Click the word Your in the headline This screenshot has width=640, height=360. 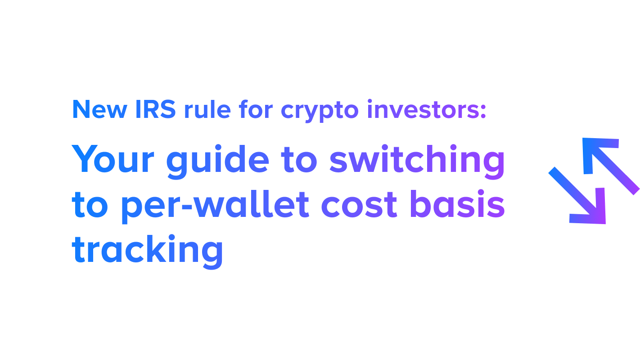click(115, 160)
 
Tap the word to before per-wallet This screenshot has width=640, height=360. click(92, 205)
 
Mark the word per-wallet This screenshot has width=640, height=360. click(215, 205)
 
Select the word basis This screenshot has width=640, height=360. click(457, 204)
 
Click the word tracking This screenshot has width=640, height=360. click(148, 250)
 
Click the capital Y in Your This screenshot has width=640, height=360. click(86, 159)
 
